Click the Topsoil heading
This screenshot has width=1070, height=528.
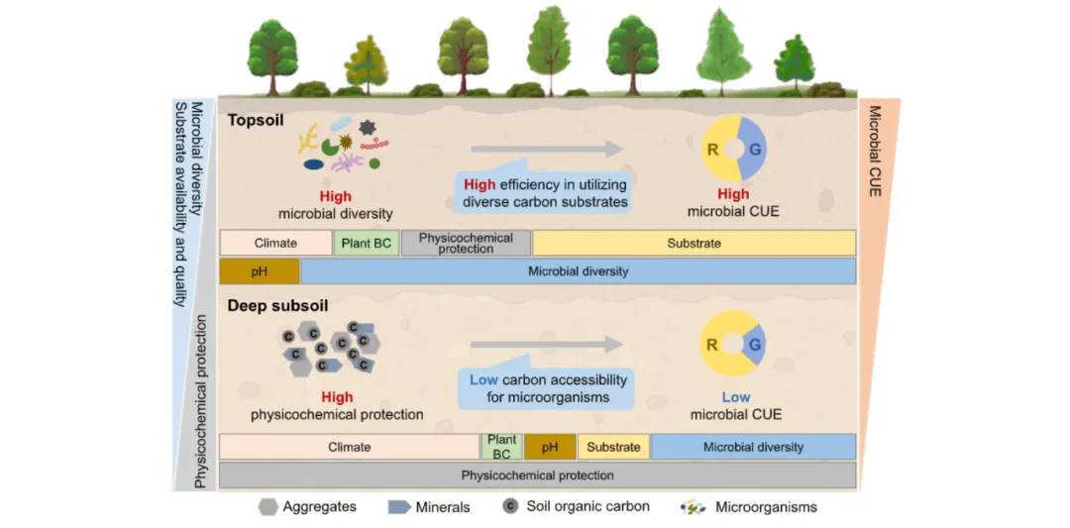pos(256,120)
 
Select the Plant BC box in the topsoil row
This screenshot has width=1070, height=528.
pos(367,244)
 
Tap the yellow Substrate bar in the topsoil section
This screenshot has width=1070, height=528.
pos(694,244)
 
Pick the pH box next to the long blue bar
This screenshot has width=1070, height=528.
pos(259,271)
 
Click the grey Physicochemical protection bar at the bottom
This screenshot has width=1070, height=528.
pos(537,475)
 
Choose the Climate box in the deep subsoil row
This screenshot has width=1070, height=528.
pos(349,447)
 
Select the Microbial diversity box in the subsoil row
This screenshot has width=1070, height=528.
pos(753,447)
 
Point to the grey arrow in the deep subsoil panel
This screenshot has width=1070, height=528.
pos(546,345)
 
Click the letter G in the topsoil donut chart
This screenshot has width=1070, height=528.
pos(755,149)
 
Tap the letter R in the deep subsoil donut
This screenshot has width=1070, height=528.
pos(711,345)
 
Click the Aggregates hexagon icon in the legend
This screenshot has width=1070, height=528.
pos(267,507)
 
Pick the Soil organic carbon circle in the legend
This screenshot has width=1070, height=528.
pos(510,506)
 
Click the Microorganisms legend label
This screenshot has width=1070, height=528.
pos(771,507)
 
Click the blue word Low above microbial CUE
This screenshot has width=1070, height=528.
pos(735,397)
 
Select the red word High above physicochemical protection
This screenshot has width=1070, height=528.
pos(337,397)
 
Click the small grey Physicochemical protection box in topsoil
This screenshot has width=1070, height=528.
pos(466,244)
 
